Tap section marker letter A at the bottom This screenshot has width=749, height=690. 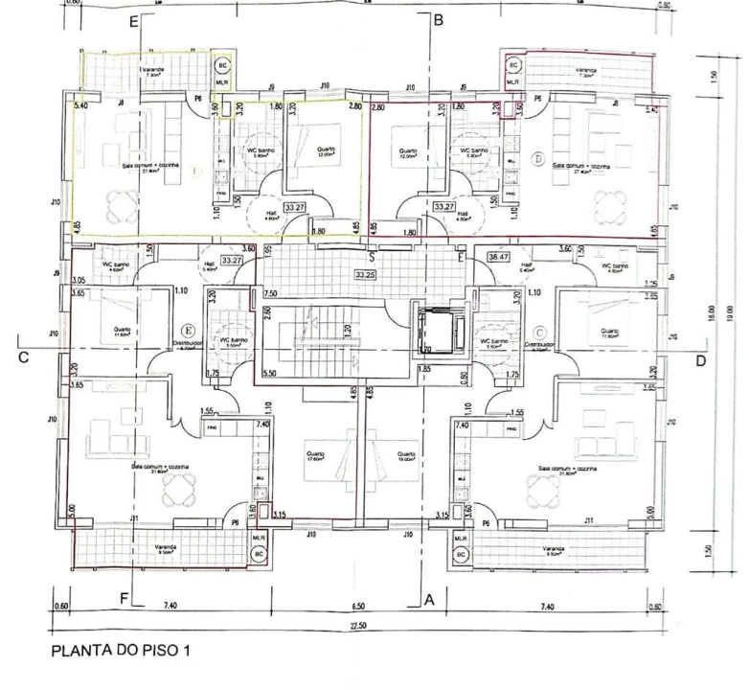click(x=430, y=598)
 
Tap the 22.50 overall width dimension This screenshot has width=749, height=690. click(x=359, y=625)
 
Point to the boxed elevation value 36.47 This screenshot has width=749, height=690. click(x=499, y=257)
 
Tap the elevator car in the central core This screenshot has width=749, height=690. click(x=435, y=331)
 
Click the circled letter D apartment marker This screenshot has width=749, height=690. click(x=537, y=156)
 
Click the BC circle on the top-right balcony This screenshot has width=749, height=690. click(x=513, y=65)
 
